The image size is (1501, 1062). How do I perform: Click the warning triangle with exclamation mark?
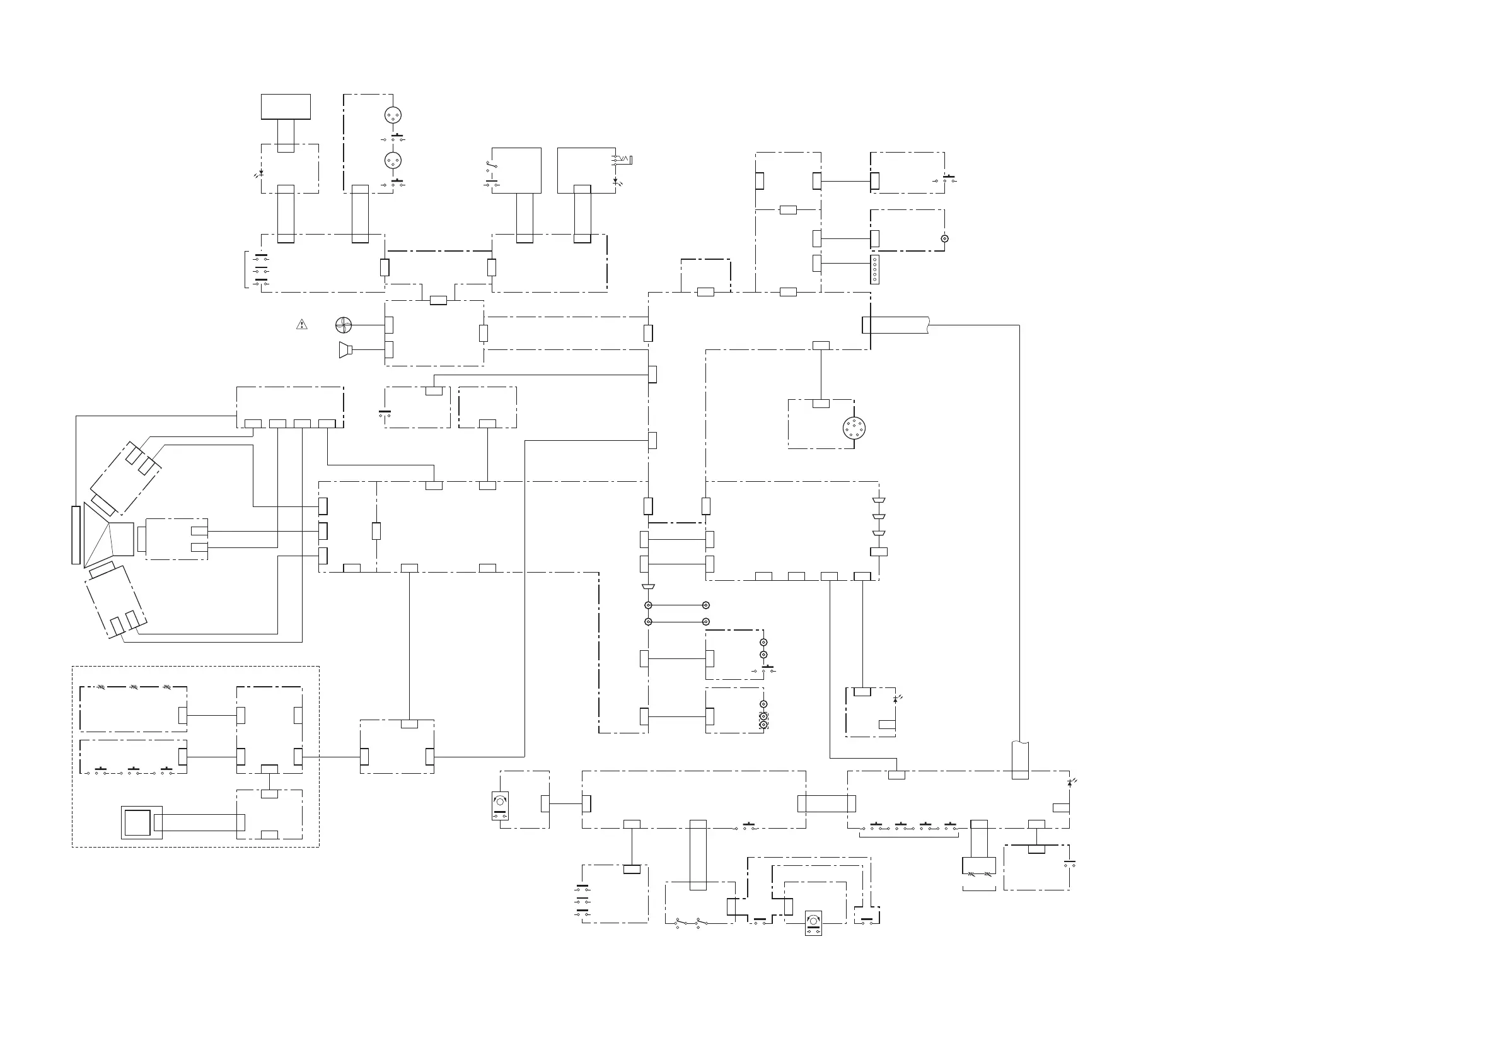pos(301,324)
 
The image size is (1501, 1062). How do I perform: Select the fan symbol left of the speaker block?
pos(343,324)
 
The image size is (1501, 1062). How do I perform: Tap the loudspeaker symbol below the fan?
pos(345,350)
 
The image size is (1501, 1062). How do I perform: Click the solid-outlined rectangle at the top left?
pos(286,107)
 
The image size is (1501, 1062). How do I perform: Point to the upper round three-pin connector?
pos(392,115)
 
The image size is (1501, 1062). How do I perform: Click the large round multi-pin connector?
pos(854,428)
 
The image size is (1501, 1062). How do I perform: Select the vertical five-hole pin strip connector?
pos(875,269)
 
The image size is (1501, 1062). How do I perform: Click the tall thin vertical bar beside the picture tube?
pos(76,534)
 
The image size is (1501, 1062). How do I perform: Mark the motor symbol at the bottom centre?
pos(813,923)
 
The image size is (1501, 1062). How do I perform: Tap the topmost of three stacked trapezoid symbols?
pos(879,501)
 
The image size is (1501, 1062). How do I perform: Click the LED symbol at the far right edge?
pos(1070,782)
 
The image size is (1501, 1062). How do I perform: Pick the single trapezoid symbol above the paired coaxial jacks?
pos(648,586)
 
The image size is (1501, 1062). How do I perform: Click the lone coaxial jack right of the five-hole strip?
pos(944,238)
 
